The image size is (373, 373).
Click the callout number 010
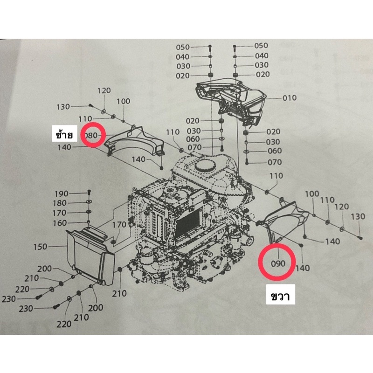click(290, 98)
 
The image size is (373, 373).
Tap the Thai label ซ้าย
click(64, 135)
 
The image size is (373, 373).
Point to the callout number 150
click(40, 247)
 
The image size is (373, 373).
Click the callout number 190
click(62, 194)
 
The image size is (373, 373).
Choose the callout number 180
click(60, 203)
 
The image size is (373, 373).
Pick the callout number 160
click(60, 223)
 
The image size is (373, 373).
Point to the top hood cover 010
click(230, 100)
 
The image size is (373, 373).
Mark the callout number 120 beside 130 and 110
click(104, 90)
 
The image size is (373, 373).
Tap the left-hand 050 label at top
click(183, 47)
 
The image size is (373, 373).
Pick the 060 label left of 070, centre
click(193, 139)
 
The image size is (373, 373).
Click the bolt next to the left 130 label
click(90, 105)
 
